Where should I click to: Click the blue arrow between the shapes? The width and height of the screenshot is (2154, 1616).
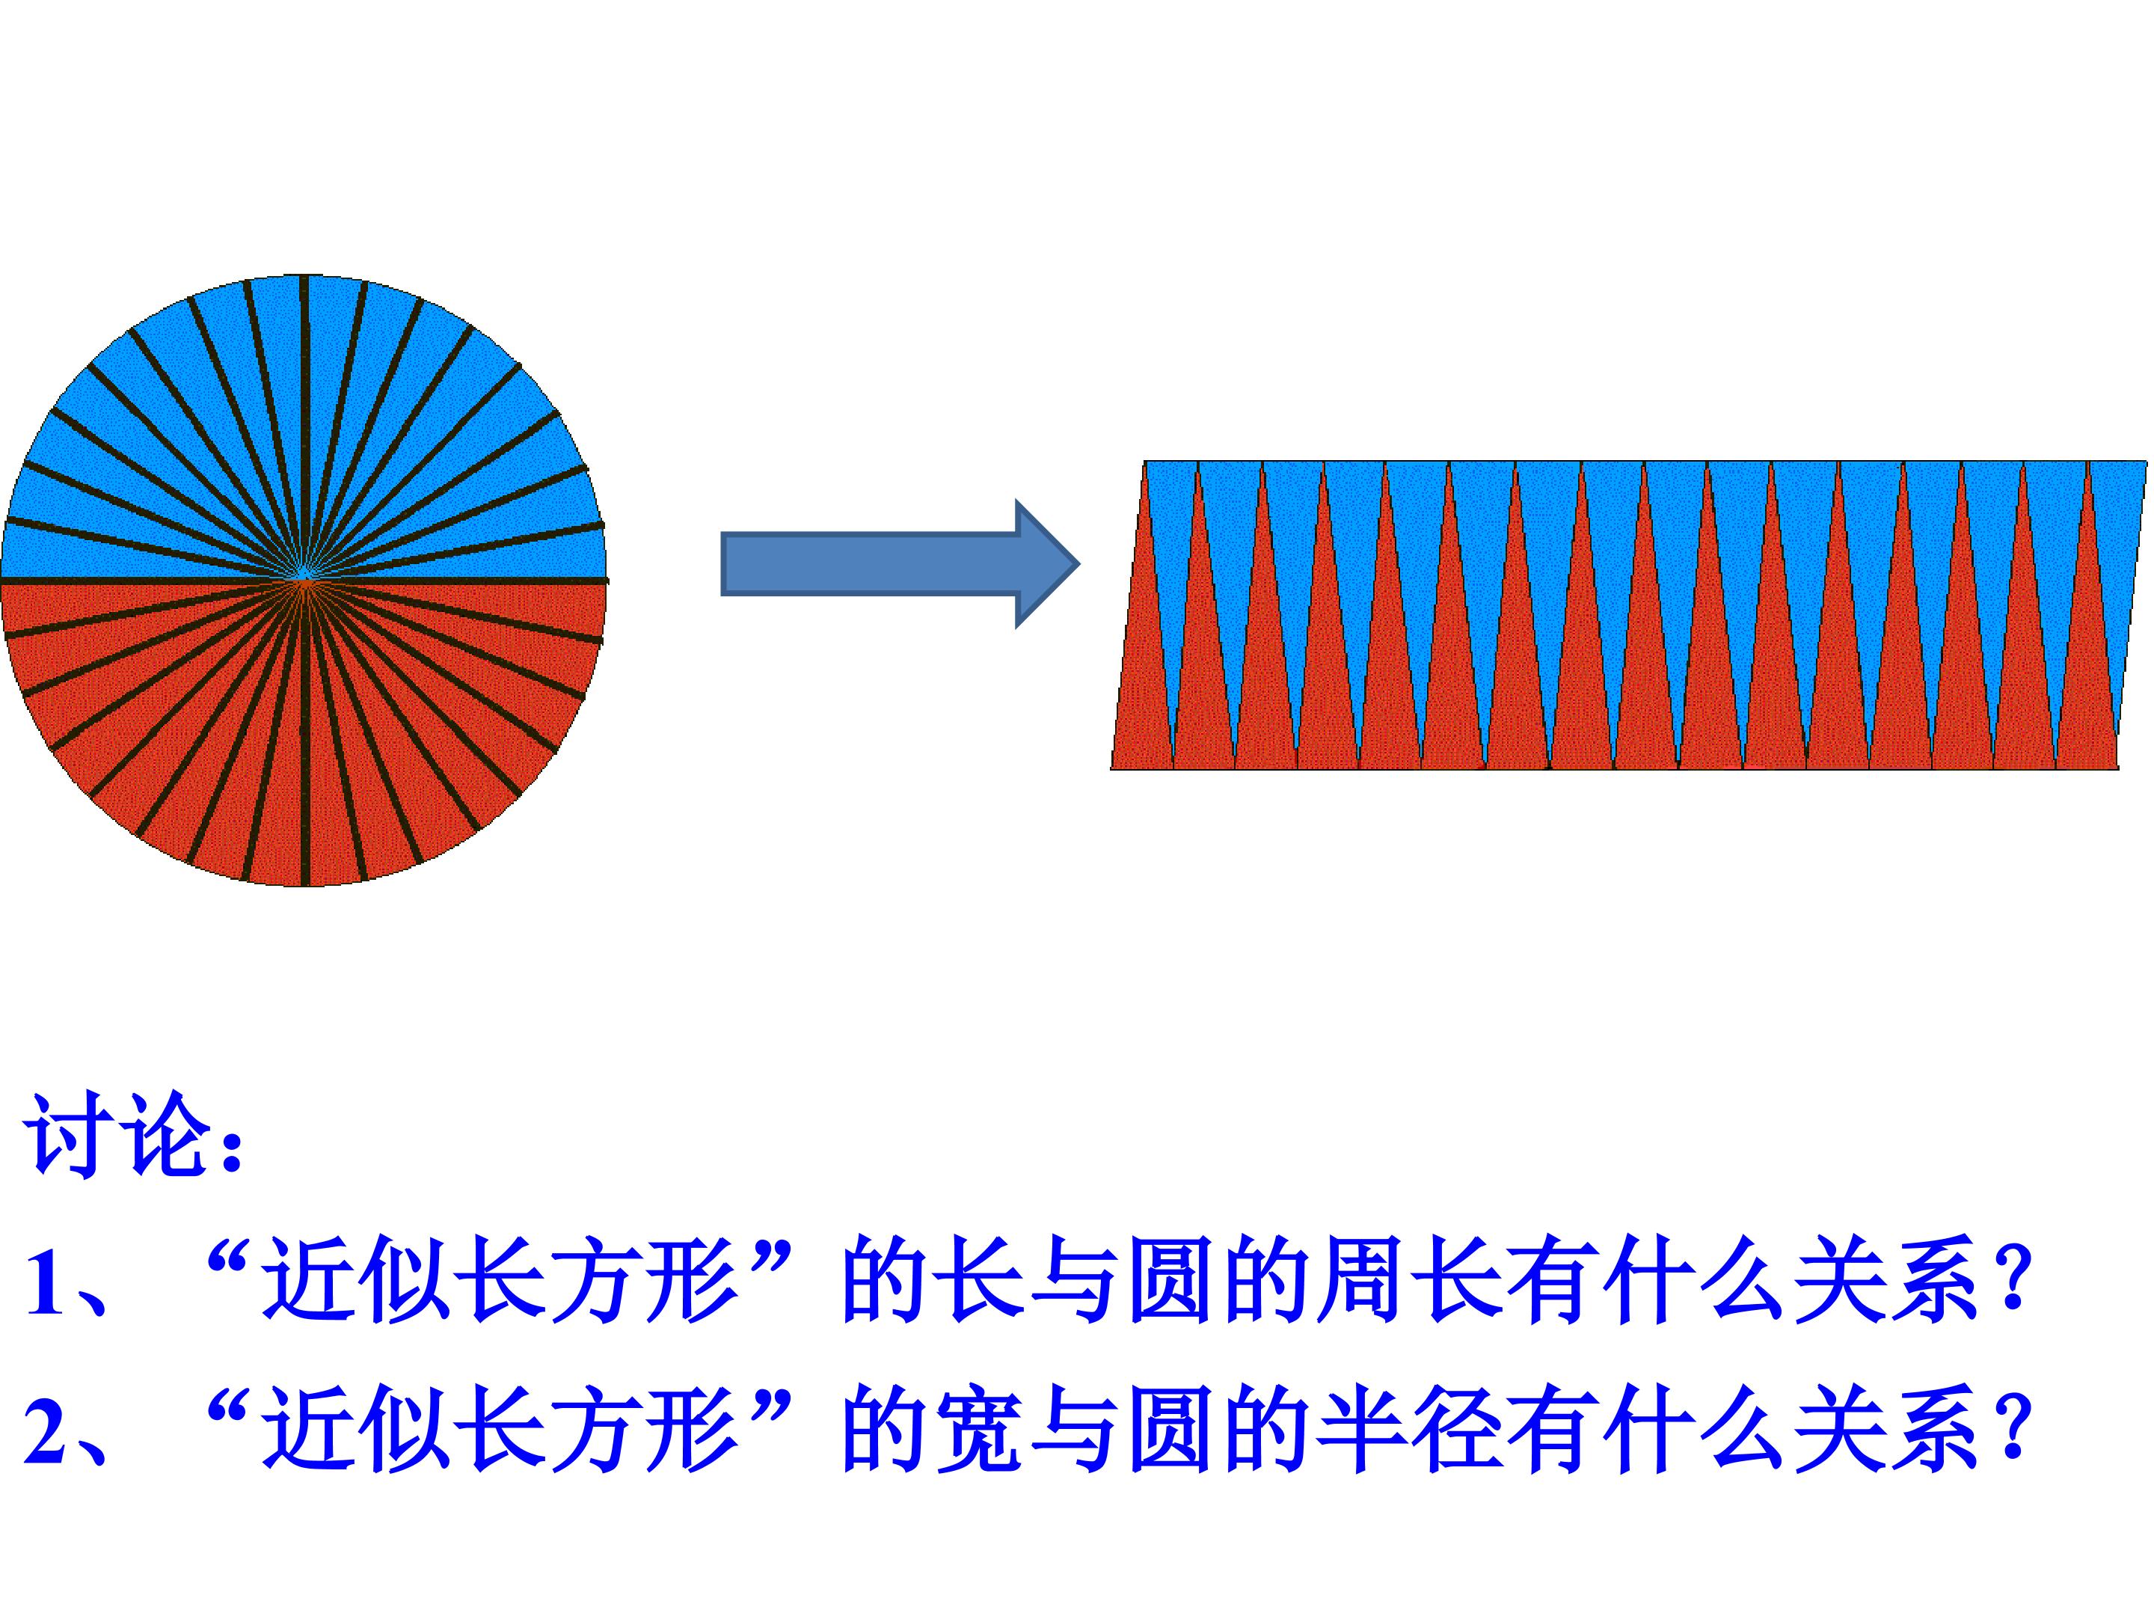[896, 563]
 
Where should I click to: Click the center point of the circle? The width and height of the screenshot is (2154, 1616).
[304, 581]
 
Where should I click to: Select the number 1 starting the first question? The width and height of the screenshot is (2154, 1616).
[46, 1283]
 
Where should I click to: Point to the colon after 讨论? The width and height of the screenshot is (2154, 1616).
[231, 1149]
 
